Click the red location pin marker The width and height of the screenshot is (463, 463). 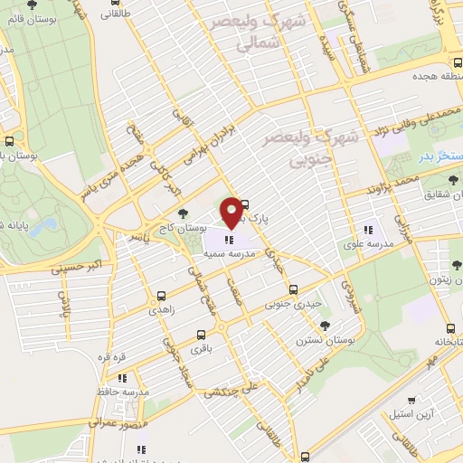[x=231, y=213]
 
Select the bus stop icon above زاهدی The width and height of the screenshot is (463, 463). [x=161, y=295]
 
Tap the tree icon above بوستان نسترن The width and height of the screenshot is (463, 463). [x=325, y=326]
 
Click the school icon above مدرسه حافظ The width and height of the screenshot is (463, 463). [x=123, y=378]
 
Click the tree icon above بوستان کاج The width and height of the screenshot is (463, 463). [x=184, y=213]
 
